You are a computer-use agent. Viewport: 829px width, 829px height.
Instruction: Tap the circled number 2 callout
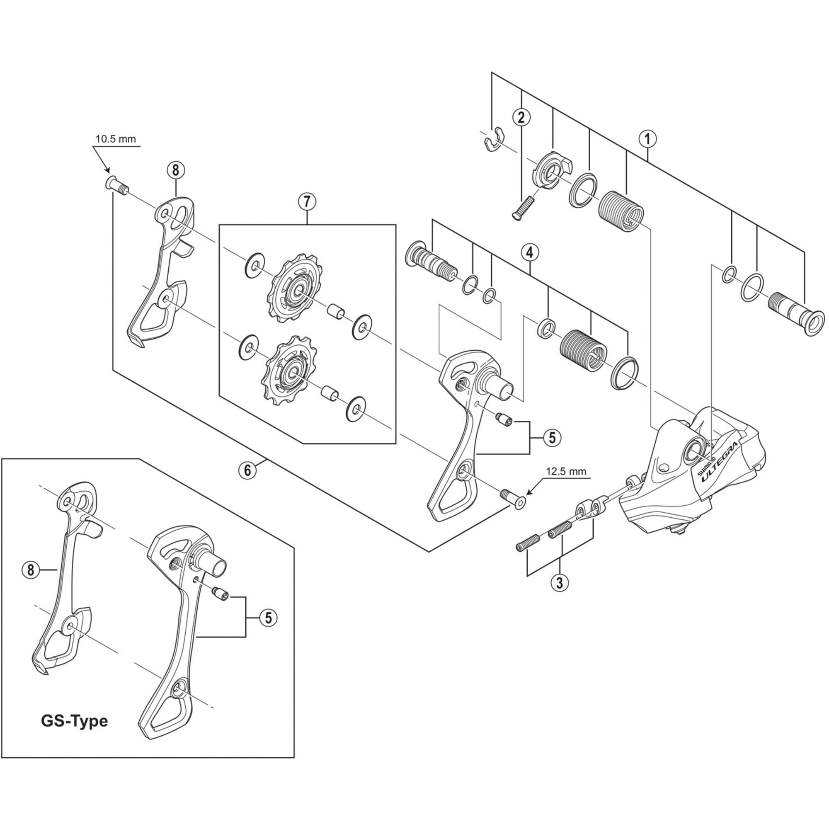[x=521, y=117]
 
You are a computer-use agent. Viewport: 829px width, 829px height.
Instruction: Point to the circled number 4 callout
[x=531, y=253]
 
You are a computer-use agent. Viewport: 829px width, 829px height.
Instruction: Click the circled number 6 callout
[x=247, y=470]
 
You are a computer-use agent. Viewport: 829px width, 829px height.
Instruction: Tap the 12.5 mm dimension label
[x=565, y=472]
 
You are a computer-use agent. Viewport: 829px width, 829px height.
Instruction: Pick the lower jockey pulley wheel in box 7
[x=287, y=369]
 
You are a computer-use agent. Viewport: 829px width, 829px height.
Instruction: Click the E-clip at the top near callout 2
[x=492, y=139]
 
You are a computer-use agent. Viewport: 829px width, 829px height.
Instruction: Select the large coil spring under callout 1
[x=621, y=212]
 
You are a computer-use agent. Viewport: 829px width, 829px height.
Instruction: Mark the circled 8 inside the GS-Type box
[x=30, y=570]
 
